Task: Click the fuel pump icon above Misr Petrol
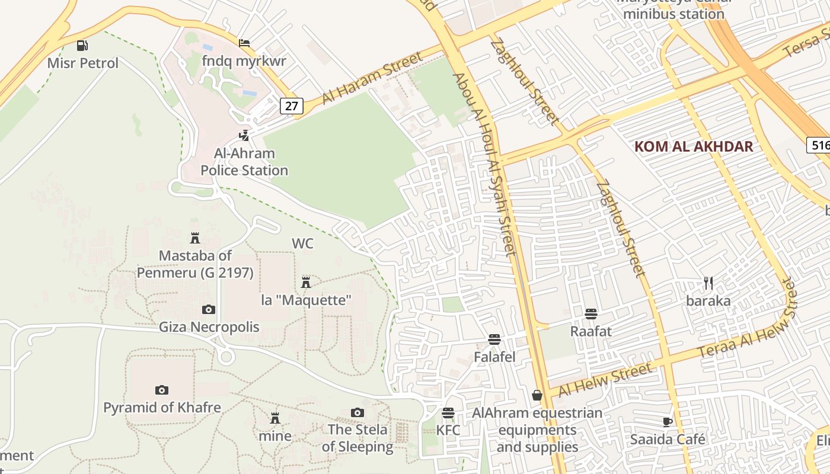click(82, 46)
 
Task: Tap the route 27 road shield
click(292, 106)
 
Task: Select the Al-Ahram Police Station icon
click(244, 136)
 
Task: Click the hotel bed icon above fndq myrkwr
click(244, 43)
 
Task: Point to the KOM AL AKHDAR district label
click(694, 147)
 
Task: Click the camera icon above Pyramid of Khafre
click(161, 390)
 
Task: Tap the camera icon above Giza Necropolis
click(209, 309)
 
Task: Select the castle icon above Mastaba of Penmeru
click(195, 238)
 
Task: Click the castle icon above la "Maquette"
click(306, 282)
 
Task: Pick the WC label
click(302, 244)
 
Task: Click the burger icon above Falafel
click(494, 340)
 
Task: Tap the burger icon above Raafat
click(590, 313)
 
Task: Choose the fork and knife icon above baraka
click(708, 283)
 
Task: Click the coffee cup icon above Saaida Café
click(668, 422)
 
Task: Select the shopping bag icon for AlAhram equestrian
click(537, 395)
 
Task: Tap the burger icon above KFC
click(448, 412)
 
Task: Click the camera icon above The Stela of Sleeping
click(357, 412)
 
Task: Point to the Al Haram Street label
click(372, 78)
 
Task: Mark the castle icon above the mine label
click(275, 418)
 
